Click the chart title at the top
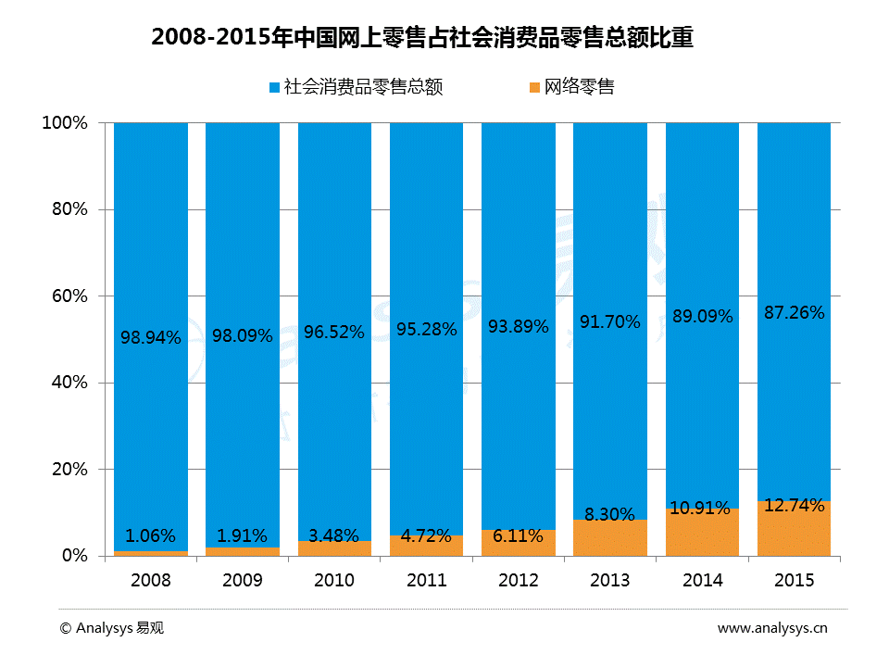tap(422, 38)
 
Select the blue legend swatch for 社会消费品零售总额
tap(274, 88)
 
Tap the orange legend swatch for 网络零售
tap(534, 88)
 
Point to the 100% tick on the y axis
tap(65, 123)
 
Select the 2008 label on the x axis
tap(151, 581)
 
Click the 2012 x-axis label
tap(519, 581)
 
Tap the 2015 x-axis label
tap(795, 581)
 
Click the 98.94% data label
tap(151, 337)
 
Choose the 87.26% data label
tap(795, 313)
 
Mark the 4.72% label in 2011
tap(426, 535)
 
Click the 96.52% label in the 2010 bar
tap(334, 331)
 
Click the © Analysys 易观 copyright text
tap(111, 628)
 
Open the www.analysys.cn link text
tap(772, 628)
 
